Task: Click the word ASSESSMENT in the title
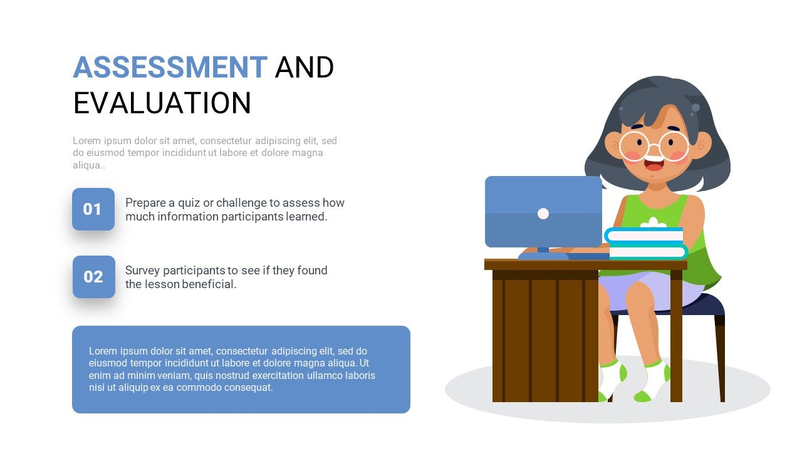click(x=170, y=67)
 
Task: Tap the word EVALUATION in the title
click(x=162, y=103)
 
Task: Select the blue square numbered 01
click(x=93, y=209)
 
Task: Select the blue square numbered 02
click(x=94, y=277)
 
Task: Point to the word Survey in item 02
click(x=142, y=271)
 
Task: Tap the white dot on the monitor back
click(x=543, y=214)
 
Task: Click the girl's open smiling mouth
click(x=654, y=163)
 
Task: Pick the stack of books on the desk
click(x=645, y=244)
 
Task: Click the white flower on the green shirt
click(x=654, y=222)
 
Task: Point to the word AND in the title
click(x=305, y=67)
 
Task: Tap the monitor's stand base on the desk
click(x=543, y=256)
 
